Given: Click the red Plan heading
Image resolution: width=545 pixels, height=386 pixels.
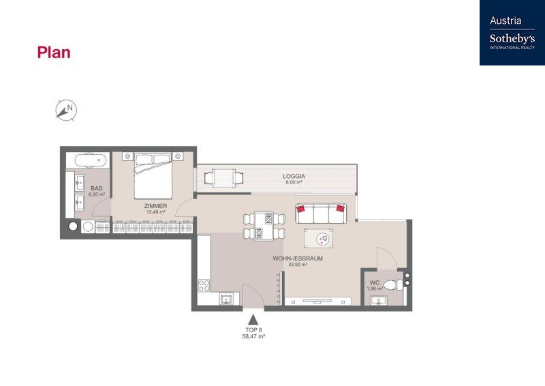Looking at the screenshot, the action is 54,53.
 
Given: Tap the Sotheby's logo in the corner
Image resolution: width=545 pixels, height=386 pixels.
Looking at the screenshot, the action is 512,33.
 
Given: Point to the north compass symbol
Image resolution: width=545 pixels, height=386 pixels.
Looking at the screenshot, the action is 66,110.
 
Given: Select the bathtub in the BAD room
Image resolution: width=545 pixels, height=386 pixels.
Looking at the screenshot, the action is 88,160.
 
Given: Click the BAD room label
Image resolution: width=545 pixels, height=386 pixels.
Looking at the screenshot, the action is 97,188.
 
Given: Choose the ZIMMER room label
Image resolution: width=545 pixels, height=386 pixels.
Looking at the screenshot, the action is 156,206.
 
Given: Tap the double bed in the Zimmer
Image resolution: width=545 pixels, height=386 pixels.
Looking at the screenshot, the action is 153,176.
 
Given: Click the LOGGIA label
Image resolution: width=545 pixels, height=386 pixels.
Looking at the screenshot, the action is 294,177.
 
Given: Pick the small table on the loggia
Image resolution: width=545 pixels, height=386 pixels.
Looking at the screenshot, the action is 224,178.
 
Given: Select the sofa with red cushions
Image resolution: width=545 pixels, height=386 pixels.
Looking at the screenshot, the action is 321,213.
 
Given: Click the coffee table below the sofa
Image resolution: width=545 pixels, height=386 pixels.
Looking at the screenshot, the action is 318,239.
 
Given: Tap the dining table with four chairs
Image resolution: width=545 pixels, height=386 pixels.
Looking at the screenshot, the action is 264,226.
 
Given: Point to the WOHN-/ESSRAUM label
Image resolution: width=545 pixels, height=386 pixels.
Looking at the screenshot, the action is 298,258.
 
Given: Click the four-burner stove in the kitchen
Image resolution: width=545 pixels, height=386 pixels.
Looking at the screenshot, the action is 204,286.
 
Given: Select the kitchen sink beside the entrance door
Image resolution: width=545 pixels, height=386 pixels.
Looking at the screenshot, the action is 227,299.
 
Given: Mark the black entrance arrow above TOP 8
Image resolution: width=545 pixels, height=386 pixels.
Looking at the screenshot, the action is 253,320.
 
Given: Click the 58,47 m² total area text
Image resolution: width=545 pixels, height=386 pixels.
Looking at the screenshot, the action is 253,337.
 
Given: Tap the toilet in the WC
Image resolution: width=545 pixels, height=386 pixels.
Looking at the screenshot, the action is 394,285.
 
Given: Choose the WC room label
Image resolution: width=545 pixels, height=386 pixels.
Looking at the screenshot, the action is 375,283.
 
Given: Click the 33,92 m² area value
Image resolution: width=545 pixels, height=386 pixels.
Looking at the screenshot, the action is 298,265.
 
